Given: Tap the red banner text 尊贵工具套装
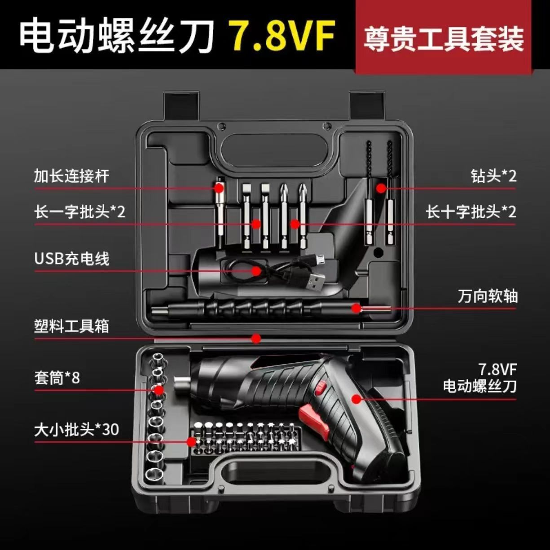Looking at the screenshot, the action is [444, 39].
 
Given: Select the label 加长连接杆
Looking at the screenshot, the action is [71, 175].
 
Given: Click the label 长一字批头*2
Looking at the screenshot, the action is [80, 211].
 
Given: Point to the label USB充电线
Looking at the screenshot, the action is [72, 259].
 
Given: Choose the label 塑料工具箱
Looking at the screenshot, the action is [71, 326].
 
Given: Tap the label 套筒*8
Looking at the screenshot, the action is [57, 378].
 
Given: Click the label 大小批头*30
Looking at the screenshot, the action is [76, 429].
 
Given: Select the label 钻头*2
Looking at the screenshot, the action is [493, 176].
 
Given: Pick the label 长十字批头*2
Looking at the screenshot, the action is [471, 211].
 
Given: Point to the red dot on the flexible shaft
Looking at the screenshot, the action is [356, 308].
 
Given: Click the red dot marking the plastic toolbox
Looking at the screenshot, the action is [256, 338].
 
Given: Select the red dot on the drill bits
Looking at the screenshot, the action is [381, 188].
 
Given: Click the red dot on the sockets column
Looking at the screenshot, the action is [158, 390].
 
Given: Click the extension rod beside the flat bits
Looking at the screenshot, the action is [220, 211].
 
